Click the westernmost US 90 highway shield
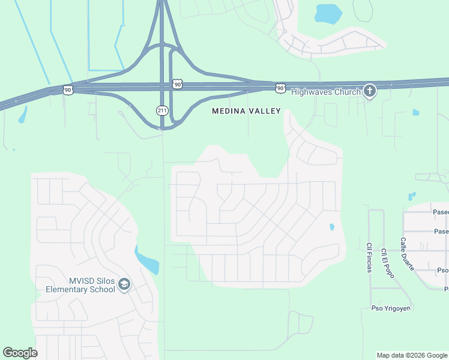[x=68, y=89]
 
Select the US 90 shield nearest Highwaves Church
[x=280, y=88]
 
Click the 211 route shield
[x=162, y=110]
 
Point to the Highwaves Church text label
[x=326, y=92]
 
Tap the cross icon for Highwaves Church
[x=370, y=91]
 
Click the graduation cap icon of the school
[x=124, y=284]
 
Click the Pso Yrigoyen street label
[x=381, y=309]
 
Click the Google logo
[x=20, y=353]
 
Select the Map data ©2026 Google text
[x=411, y=355]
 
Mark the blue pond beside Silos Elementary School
[x=147, y=260]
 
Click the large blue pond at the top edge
[x=328, y=13]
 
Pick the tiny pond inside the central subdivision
[x=331, y=227]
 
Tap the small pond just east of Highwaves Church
[x=416, y=112]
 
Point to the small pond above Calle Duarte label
[x=411, y=196]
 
